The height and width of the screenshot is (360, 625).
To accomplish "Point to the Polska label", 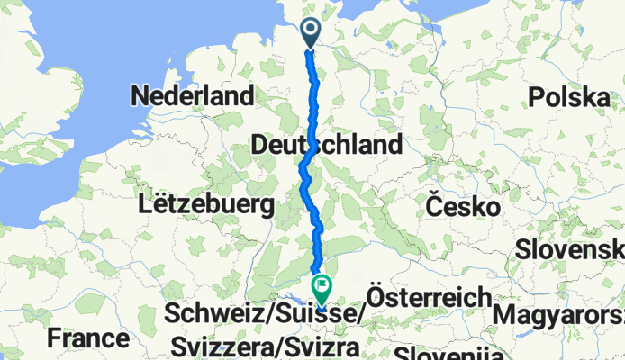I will [570, 97].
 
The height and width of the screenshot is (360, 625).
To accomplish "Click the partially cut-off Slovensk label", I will [570, 249].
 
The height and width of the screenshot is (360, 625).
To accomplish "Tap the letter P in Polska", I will [538, 97].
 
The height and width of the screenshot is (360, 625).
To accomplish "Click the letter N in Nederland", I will [140, 96].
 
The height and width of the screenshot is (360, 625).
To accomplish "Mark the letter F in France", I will [55, 339].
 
